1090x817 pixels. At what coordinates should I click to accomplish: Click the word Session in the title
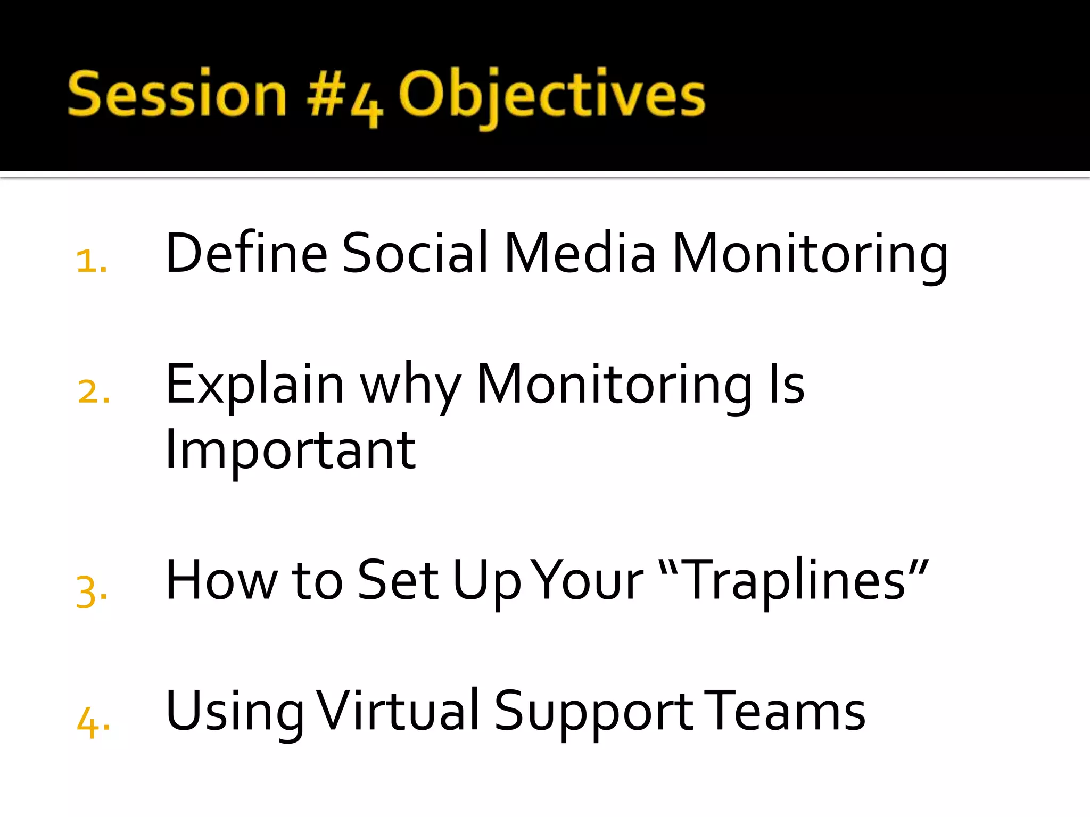coord(177,95)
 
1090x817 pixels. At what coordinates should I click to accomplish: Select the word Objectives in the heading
coord(551,96)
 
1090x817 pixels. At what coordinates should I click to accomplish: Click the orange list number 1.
coord(91,261)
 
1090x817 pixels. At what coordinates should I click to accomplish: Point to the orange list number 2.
coord(93,392)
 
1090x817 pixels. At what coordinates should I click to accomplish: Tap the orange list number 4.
coord(93,722)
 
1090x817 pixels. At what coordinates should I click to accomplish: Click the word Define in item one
coord(246,254)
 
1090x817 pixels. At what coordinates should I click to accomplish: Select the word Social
coord(415,254)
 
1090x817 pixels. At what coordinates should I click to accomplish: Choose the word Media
coord(580,254)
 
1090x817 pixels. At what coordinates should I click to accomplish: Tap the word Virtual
coord(398,711)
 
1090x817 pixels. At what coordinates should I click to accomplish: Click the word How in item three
coord(221,580)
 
